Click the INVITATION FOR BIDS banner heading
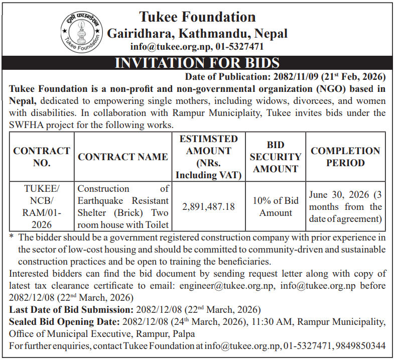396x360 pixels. [197, 63]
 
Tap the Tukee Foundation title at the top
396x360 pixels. [197, 17]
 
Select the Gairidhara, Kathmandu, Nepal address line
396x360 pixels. [197, 34]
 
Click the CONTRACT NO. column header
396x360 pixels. [42, 157]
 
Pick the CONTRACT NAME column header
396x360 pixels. [123, 157]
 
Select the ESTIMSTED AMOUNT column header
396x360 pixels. [208, 157]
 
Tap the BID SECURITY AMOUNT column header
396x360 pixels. [276, 157]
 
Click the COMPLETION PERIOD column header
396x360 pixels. [345, 157]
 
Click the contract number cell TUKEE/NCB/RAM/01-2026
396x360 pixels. [42, 206]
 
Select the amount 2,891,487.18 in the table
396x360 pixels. [208, 206]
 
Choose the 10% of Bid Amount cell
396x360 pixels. [276, 206]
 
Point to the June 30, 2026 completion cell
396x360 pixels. [345, 206]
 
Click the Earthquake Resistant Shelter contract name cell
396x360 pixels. [123, 206]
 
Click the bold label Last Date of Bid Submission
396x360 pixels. [70, 309]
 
